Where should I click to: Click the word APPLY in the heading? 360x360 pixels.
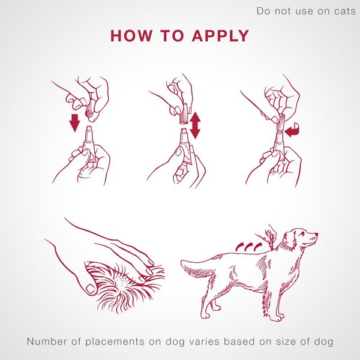(220, 35)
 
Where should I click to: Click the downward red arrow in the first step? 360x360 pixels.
(74, 122)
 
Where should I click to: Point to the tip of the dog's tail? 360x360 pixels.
(182, 263)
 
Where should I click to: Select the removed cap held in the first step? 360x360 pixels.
(89, 108)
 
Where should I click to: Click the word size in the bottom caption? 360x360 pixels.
(290, 342)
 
